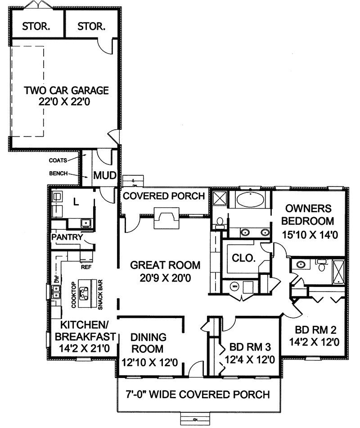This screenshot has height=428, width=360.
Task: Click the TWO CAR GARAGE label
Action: point(66,90)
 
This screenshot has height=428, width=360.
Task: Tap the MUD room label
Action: point(105,175)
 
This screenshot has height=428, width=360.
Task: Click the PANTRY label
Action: point(67,237)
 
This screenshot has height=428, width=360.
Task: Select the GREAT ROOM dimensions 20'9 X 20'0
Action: point(165,278)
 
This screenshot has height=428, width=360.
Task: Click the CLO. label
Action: point(244,258)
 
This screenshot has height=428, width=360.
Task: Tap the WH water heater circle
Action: point(234,285)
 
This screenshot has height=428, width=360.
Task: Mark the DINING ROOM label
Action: point(149,343)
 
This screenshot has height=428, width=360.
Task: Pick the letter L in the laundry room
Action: point(76,202)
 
